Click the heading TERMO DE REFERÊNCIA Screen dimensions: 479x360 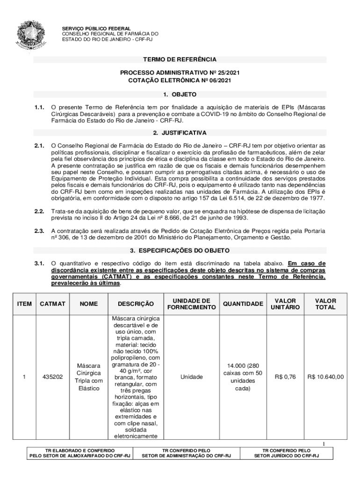click(x=180, y=60)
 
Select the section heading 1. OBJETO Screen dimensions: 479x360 click(x=180, y=94)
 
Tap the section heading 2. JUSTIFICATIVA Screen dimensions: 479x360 click(x=180, y=133)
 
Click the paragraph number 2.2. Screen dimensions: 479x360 click(x=39, y=212)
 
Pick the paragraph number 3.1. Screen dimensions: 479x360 click(x=39, y=263)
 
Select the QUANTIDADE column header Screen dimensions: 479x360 click(x=243, y=304)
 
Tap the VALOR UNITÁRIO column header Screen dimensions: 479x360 click(x=285, y=304)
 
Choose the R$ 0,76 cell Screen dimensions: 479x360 click(x=285, y=377)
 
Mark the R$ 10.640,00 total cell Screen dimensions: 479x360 click(x=326, y=377)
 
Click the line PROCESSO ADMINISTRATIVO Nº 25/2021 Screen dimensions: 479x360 click(x=180, y=73)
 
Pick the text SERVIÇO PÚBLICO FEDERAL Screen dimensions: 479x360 click(x=97, y=29)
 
